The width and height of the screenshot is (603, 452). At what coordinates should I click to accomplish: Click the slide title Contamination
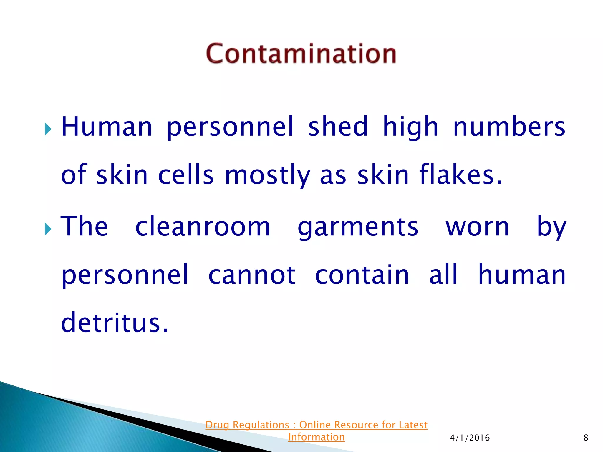(301, 54)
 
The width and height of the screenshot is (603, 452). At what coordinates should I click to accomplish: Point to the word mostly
(267, 175)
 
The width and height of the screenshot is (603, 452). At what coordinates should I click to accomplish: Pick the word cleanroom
(203, 227)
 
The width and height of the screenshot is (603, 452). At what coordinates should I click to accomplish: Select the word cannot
(252, 275)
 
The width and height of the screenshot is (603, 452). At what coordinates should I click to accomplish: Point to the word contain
(362, 275)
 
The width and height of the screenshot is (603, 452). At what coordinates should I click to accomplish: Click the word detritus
(115, 323)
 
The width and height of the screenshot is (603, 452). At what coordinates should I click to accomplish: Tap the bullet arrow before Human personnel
(48, 129)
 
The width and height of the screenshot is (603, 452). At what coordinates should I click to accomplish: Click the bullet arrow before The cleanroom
(48, 229)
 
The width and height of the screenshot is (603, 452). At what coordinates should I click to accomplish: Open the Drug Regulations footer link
(316, 425)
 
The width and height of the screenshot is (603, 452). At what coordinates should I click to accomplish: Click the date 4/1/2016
(470, 438)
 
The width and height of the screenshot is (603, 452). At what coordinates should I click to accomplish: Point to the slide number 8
(586, 438)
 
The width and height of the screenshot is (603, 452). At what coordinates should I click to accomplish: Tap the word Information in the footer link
(316, 437)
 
